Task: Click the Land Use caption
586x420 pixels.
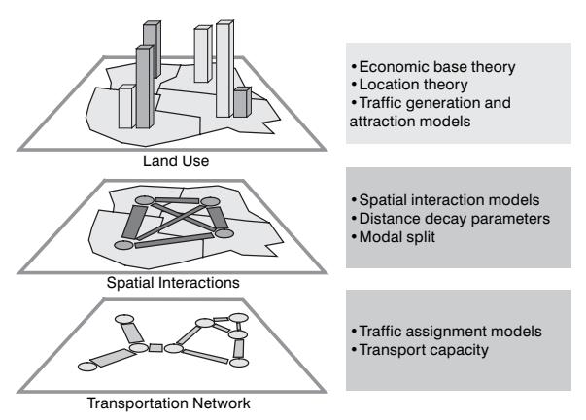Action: click(x=176, y=161)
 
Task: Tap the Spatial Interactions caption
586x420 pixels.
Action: click(x=173, y=283)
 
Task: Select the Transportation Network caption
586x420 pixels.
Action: click(x=168, y=403)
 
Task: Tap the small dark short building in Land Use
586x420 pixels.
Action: click(x=242, y=102)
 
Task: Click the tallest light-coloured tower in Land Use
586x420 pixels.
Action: click(x=225, y=69)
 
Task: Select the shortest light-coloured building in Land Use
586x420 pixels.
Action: click(x=127, y=107)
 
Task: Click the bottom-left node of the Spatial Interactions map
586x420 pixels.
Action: click(x=123, y=245)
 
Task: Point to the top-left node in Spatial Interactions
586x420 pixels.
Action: click(x=144, y=200)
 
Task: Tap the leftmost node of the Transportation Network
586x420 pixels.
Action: click(x=87, y=367)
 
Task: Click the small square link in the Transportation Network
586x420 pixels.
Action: click(x=155, y=348)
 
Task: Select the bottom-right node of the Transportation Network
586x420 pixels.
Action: click(x=239, y=363)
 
